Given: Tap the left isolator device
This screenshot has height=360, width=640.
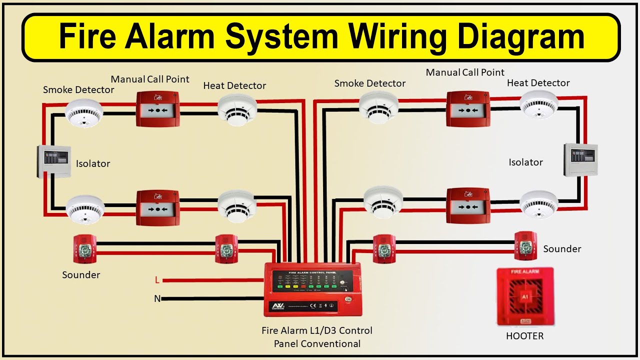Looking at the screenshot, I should point(53,161).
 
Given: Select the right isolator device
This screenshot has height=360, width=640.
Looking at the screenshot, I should point(580,159).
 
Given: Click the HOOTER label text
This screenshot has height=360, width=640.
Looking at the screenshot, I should point(524,336).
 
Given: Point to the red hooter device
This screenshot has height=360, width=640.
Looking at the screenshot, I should point(525,297).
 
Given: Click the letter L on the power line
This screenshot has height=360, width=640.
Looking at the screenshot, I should point(157,280).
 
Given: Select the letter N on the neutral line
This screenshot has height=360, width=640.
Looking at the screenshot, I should point(157,299).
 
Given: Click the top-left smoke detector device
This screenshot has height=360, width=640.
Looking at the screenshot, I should point(84,112).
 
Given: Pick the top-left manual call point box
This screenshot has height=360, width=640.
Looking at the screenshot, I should point(157,109).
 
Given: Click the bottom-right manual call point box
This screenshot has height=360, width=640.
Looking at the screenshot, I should point(467,205).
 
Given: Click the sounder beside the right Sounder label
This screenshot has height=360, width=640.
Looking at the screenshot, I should point(525,246).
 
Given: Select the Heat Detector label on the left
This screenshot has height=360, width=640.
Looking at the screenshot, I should point(234,85).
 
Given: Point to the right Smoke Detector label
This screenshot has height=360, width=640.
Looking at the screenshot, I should point(369,83).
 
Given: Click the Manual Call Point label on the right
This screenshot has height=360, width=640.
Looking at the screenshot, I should point(465,72).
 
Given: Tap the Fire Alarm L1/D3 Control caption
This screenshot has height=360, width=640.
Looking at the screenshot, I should point(316,330).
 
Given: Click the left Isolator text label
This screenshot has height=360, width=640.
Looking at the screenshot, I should point(93,163).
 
